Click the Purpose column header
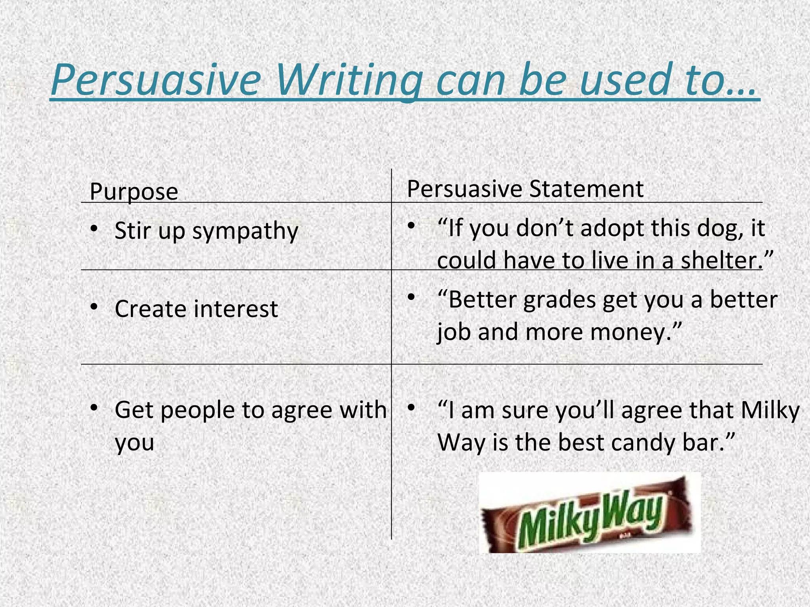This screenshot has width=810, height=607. coord(134,192)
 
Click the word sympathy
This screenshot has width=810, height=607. coord(245,231)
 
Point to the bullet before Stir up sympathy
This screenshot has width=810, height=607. coord(94,229)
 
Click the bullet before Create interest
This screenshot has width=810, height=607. coord(94,307)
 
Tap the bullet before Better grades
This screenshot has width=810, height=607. coord(411,297)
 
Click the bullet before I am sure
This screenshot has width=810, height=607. coord(411,407)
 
